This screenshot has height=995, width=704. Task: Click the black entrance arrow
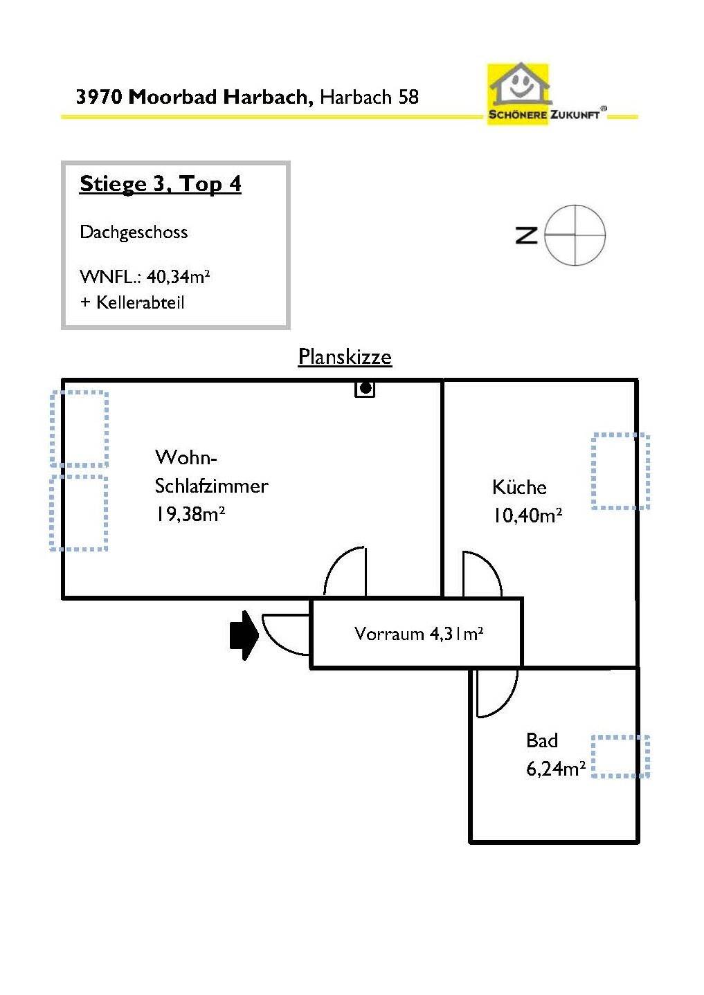pos(244,635)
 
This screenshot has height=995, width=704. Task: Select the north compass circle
pos(575,235)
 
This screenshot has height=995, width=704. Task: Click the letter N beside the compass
pos(526,235)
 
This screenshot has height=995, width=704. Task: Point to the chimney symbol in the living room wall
pos(364,389)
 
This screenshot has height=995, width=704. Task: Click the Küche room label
pos(519,487)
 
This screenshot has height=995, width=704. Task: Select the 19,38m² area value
pos(190,514)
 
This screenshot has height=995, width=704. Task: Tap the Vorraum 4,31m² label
pos(419,633)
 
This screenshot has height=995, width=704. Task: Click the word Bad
pos(542,740)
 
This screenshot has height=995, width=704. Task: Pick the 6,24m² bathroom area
pos(556,769)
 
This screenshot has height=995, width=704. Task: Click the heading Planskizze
pos(345,356)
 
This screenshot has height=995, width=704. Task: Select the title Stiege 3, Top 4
pos(161,184)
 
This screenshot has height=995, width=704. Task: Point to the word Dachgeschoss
pos(134,232)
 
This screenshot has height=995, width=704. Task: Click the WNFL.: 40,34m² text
pos(145,276)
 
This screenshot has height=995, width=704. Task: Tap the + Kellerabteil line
pos(132,302)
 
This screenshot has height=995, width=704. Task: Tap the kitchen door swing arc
pos(489,564)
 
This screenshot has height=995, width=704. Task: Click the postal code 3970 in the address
pos(99,97)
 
